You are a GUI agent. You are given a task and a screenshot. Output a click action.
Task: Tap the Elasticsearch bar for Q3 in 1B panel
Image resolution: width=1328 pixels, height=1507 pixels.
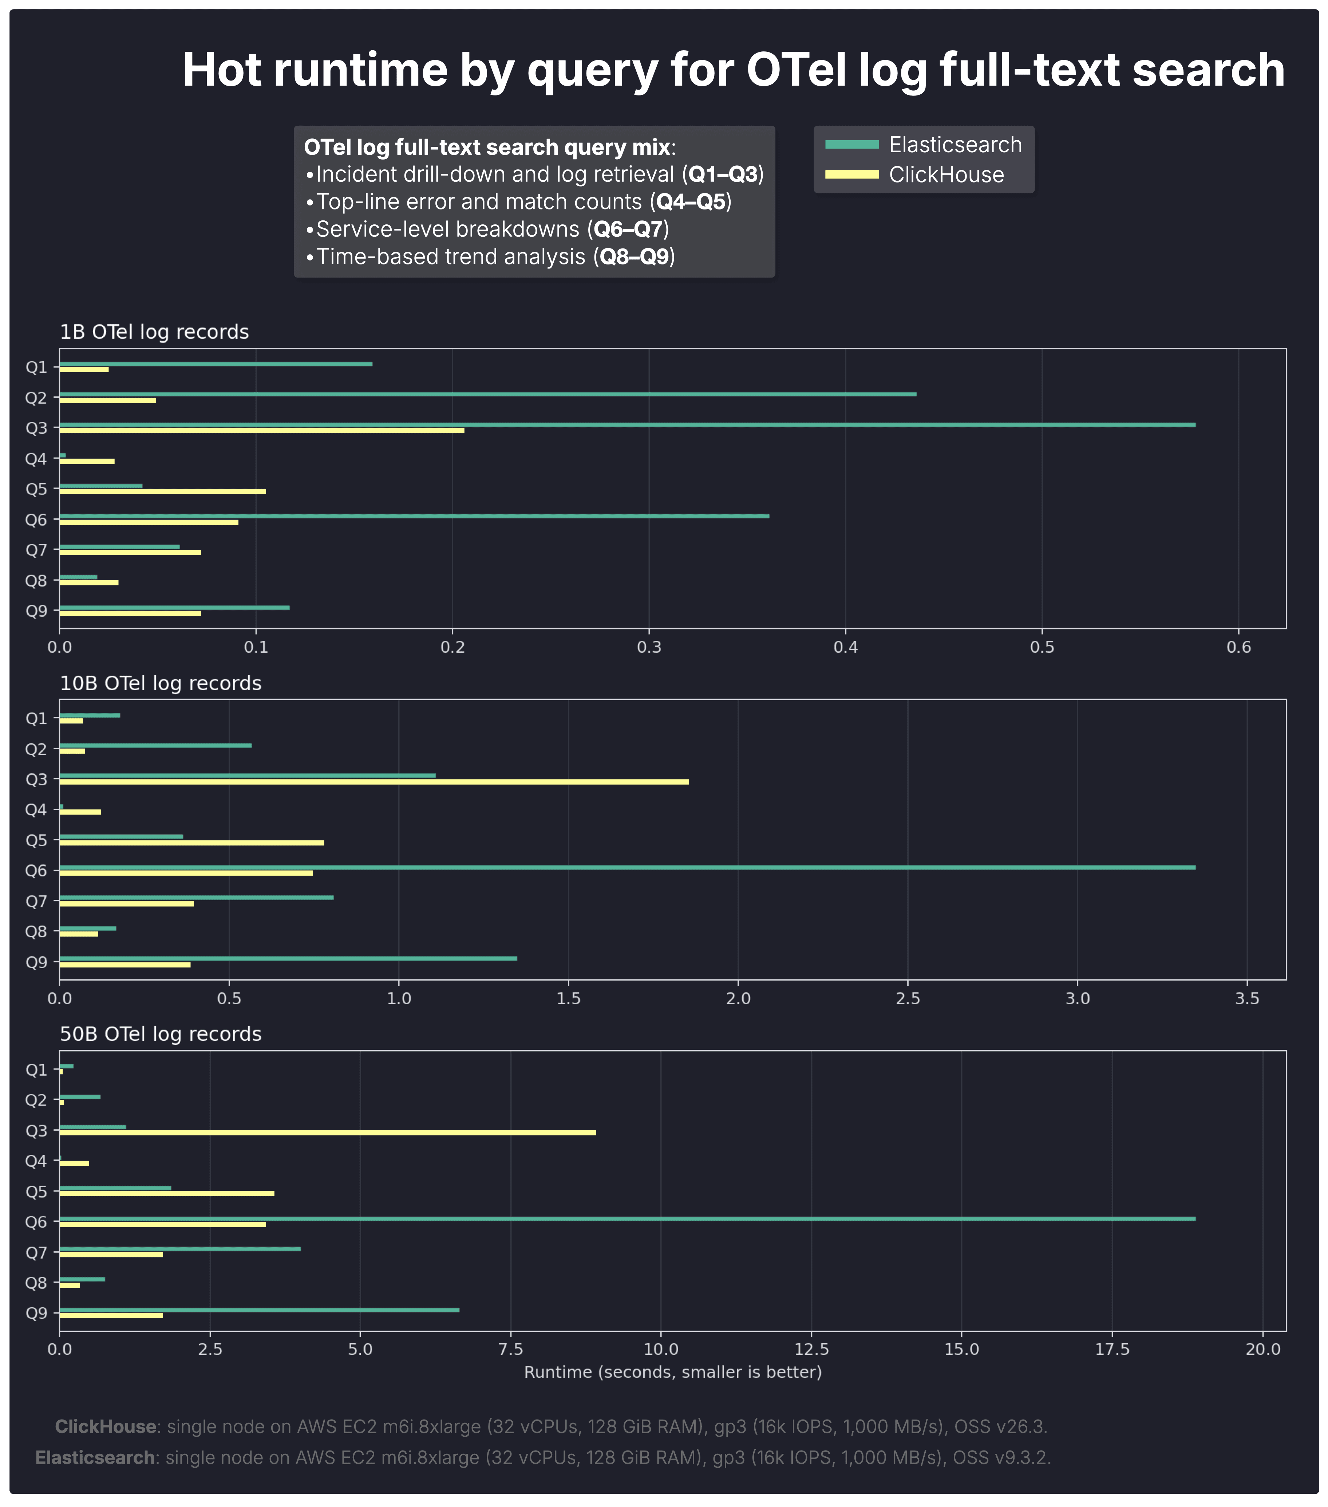627,425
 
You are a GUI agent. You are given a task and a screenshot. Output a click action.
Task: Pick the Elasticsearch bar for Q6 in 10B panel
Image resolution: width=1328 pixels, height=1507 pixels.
627,867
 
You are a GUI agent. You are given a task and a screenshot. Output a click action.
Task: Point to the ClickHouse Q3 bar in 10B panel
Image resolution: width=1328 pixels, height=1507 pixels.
373,781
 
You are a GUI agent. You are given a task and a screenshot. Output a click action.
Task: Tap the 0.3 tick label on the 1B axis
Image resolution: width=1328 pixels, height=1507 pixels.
648,647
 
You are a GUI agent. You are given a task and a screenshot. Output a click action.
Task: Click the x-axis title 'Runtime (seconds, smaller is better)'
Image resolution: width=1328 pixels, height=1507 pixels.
672,1372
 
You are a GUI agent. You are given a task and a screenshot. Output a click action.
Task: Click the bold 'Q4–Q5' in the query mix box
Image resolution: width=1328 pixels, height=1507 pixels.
691,202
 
